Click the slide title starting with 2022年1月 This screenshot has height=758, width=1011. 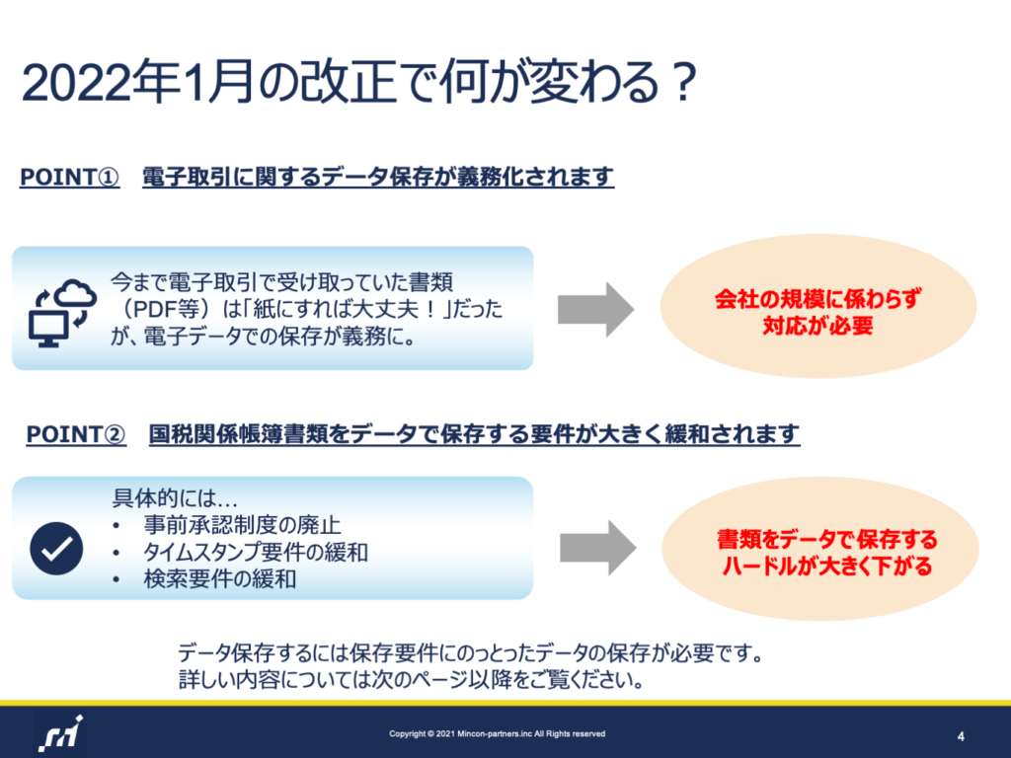(x=359, y=82)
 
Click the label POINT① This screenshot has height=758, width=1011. (x=70, y=177)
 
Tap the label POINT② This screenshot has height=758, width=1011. (x=76, y=434)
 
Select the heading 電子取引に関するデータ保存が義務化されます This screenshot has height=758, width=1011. (x=378, y=177)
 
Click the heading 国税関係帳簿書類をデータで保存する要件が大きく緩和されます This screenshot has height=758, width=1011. (x=474, y=434)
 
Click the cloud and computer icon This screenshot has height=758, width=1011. (x=62, y=313)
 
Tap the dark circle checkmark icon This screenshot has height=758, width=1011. (x=56, y=549)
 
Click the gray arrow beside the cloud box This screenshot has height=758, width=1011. (x=595, y=309)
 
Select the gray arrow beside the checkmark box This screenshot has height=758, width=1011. (x=597, y=548)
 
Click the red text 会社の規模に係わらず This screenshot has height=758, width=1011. (x=818, y=299)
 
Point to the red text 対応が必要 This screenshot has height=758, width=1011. (x=818, y=326)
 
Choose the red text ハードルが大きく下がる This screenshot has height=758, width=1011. (x=827, y=566)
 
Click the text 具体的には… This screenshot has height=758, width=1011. (x=176, y=497)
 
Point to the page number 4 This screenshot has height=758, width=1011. (x=961, y=736)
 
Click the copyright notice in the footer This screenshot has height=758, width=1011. (x=498, y=733)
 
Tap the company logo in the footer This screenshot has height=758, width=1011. (x=60, y=733)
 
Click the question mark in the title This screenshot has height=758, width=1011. (x=683, y=82)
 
